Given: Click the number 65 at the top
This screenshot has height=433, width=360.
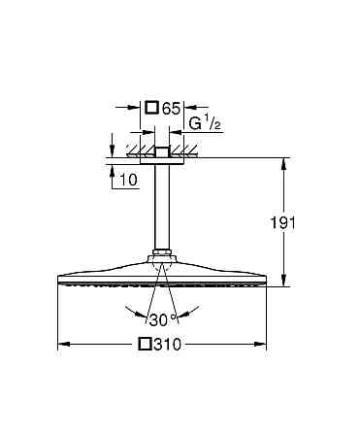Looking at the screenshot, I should (x=171, y=109).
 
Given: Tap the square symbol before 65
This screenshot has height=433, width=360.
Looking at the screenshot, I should (x=151, y=109).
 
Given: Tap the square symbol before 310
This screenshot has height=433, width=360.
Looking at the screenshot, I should (x=146, y=344).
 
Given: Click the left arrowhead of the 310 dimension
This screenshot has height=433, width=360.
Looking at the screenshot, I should (x=62, y=344).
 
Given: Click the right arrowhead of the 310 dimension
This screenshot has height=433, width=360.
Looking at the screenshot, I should (x=263, y=344).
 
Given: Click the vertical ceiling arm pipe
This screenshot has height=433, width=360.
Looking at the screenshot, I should (x=163, y=209).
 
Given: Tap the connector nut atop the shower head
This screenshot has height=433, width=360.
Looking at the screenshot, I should (x=162, y=260).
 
